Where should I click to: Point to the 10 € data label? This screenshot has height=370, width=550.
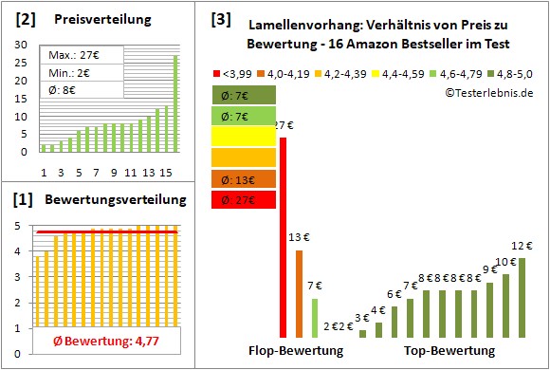point(505,262)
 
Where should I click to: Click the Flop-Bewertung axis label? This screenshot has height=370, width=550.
point(297,351)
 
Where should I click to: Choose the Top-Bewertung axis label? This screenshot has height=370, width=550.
point(449,351)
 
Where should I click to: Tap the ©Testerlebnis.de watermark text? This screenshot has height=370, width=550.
point(486,92)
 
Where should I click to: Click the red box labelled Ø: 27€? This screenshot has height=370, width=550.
point(244,200)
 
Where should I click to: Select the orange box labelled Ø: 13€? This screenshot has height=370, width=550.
point(244,179)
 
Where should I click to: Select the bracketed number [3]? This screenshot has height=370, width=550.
point(221,18)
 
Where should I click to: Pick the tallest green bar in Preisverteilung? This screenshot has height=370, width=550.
point(175,102)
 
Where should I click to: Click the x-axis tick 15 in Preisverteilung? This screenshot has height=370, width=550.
point(166,172)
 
